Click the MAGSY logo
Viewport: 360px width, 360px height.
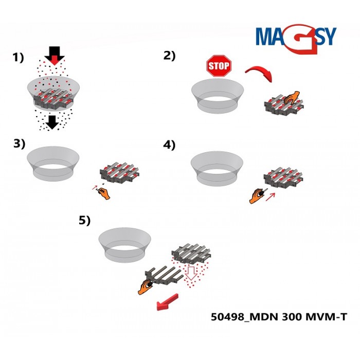click(296, 37)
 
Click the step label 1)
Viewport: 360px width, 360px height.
click(19, 58)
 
